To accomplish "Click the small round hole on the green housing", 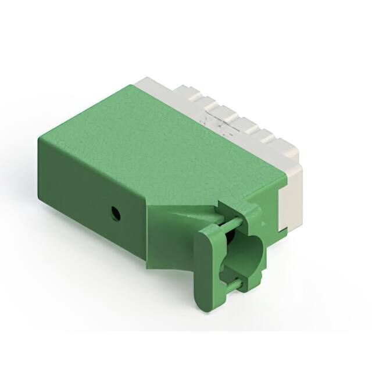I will [116, 214].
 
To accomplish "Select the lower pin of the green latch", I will [233, 284].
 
